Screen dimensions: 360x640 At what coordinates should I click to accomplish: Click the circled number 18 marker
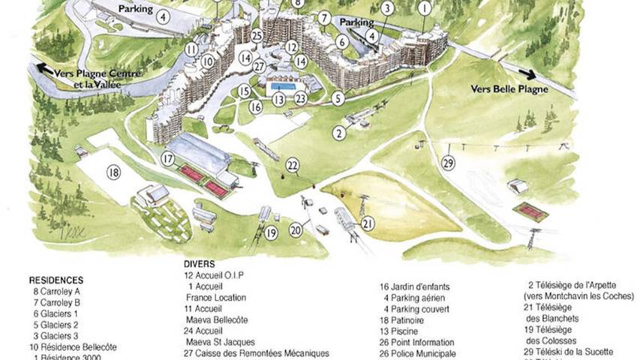tap(114, 172)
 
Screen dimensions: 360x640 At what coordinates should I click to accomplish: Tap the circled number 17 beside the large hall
tap(168, 159)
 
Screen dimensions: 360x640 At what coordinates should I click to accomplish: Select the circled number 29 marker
tap(449, 163)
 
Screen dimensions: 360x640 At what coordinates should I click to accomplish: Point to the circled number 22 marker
tap(293, 165)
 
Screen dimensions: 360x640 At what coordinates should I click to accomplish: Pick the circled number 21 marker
tap(368, 223)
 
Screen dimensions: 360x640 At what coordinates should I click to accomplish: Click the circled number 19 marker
tap(271, 233)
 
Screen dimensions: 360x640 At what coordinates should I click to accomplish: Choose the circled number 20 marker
tap(296, 229)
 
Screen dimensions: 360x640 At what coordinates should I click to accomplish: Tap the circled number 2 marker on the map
tap(339, 133)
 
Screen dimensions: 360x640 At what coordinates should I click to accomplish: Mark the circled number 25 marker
tap(257, 34)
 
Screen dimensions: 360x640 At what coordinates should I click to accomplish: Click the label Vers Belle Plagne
tap(509, 88)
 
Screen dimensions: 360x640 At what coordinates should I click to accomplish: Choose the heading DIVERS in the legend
tap(199, 264)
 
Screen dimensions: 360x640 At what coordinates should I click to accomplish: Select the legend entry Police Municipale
tap(424, 353)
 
